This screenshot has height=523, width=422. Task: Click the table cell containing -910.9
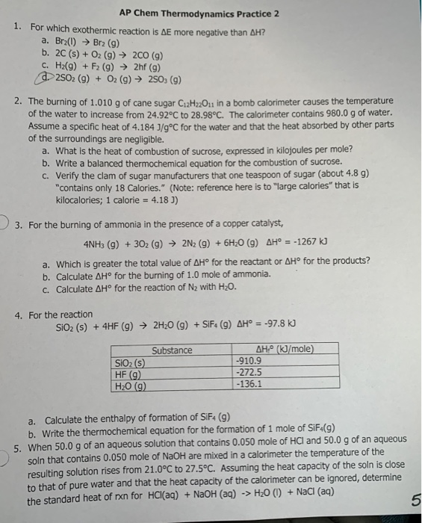tap(248, 360)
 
